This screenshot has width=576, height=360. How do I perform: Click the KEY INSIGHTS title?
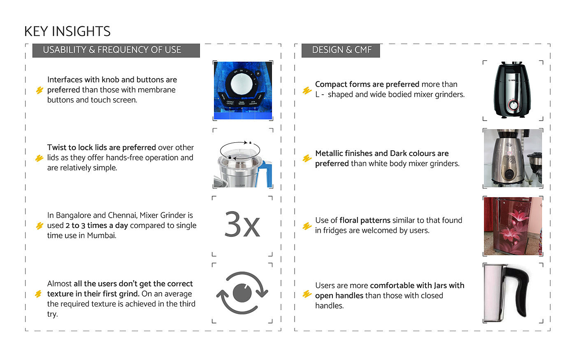[67, 32]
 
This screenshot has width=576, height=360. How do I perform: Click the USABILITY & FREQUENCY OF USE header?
[112, 50]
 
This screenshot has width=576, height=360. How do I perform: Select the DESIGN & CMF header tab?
[341, 50]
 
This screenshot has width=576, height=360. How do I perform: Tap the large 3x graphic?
[242, 225]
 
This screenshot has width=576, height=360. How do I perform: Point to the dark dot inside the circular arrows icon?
[242, 293]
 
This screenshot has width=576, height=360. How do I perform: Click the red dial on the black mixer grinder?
[513, 106]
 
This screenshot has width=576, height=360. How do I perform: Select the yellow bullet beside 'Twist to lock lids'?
[39, 158]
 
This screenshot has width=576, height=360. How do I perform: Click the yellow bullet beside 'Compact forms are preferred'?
[307, 91]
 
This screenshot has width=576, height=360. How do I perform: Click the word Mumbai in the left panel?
[102, 236]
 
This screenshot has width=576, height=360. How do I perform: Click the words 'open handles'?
[339, 296]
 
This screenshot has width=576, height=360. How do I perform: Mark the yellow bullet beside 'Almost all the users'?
[39, 294]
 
